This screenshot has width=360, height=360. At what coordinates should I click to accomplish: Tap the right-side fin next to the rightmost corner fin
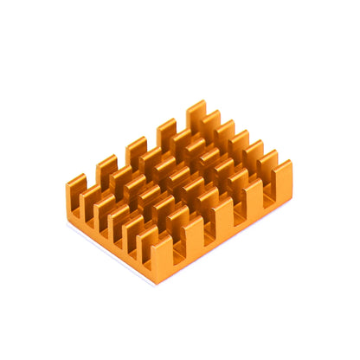(x=253, y=196)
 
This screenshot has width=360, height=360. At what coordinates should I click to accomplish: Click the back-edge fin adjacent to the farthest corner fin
(x=166, y=132)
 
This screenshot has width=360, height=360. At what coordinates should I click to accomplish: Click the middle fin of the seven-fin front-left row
(x=117, y=222)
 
